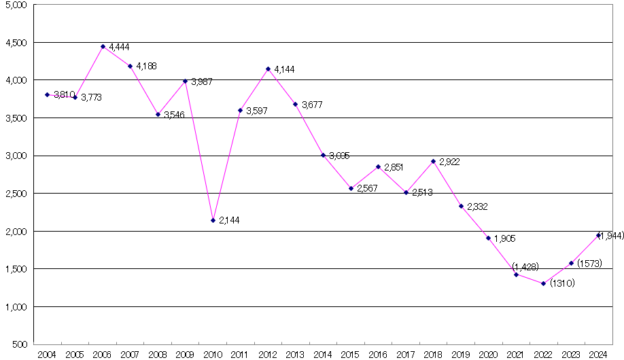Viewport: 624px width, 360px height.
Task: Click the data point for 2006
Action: (103, 46)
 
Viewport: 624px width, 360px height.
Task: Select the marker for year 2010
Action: (213, 220)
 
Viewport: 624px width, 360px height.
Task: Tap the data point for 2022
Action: (543, 283)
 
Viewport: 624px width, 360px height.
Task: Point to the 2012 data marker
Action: (268, 69)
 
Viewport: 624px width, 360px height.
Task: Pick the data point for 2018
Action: (433, 161)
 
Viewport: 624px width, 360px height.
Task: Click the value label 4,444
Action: (119, 48)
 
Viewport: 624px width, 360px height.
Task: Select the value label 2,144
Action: (229, 221)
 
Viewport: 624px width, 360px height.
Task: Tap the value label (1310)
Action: (562, 283)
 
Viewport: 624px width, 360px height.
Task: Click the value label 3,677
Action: (312, 105)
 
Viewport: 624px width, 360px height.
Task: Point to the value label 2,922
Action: (450, 162)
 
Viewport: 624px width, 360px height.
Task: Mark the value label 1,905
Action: (505, 239)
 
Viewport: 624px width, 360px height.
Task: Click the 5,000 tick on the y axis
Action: (15, 5)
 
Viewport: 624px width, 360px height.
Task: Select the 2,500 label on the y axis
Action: (15, 194)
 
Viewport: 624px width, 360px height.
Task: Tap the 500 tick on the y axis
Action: (19, 344)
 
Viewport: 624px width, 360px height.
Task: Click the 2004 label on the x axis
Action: (48, 354)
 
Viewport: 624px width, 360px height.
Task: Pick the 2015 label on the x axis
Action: (351, 354)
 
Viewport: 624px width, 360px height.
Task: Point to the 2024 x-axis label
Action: (599, 354)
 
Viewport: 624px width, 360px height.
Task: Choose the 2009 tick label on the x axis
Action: (185, 354)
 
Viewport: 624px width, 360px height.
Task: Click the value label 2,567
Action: (367, 189)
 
